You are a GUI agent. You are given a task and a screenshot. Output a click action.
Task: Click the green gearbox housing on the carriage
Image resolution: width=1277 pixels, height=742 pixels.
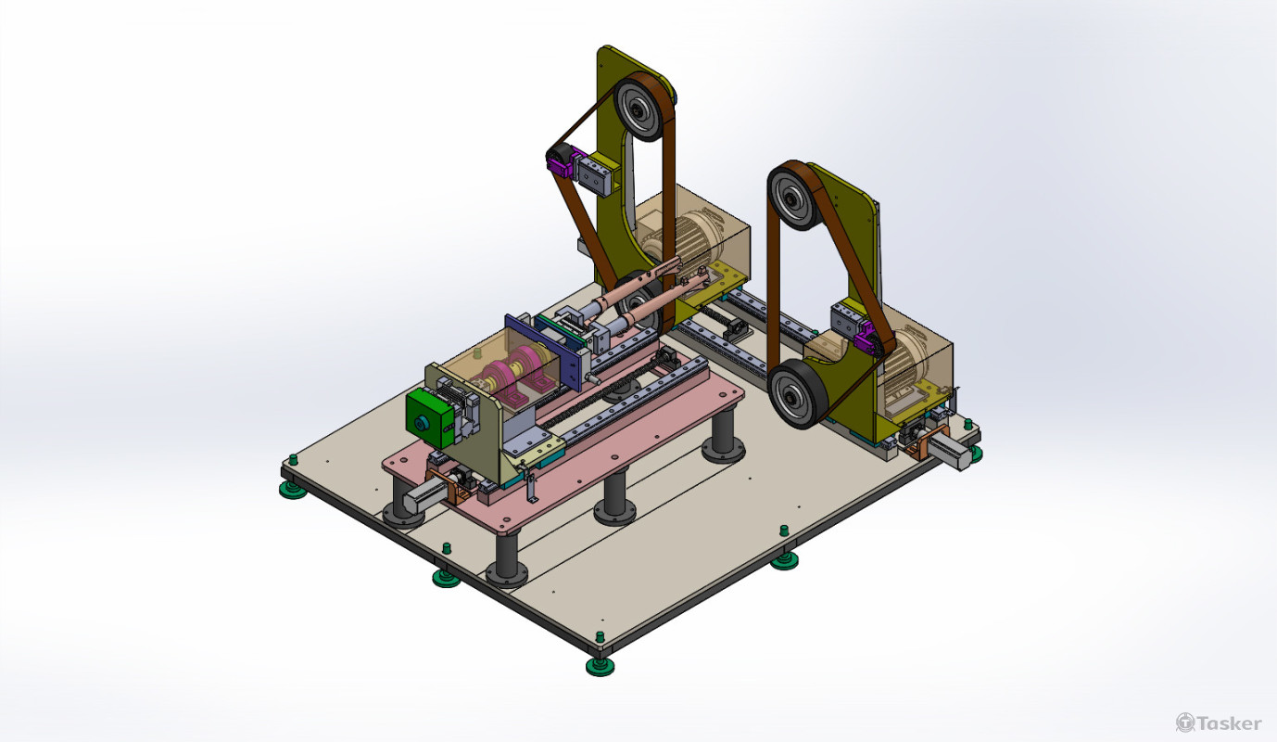click(x=430, y=418)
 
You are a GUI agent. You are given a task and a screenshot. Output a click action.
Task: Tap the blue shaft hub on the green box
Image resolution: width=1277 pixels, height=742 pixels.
click(x=422, y=423)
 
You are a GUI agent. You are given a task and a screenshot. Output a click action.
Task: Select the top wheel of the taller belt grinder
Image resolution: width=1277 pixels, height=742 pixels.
click(x=640, y=109)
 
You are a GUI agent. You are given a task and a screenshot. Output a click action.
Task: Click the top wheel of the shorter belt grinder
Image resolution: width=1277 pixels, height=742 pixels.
click(x=794, y=198)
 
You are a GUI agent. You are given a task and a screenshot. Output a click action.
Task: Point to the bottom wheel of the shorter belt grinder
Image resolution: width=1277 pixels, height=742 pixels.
click(x=796, y=394)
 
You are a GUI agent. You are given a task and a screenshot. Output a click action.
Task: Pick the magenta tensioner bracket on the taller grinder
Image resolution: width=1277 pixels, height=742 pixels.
click(x=560, y=164)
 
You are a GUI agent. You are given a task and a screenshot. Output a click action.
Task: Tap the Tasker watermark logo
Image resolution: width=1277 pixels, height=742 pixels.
click(x=1219, y=723)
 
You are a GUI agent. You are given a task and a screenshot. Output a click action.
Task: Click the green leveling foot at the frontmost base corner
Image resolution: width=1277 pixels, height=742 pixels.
click(x=600, y=666)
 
